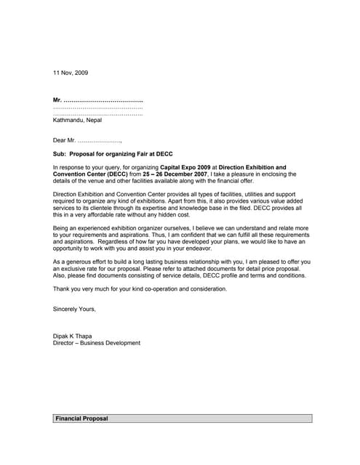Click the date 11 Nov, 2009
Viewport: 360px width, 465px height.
coord(71,73)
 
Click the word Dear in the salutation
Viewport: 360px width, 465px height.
coord(60,139)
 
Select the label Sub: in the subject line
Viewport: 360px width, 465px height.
coord(60,155)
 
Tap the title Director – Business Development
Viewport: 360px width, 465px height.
coord(97,343)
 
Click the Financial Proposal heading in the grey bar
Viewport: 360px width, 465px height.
coord(81,419)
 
